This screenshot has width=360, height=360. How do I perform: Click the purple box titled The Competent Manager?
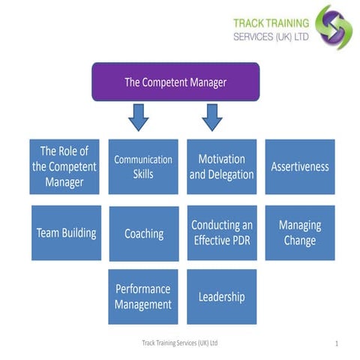(x=175, y=82)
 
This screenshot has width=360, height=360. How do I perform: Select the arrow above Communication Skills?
(x=138, y=116)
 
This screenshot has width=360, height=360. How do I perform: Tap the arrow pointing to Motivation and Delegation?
(x=212, y=116)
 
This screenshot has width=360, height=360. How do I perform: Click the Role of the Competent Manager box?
(x=64, y=166)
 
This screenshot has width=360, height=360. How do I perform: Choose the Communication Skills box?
(x=143, y=166)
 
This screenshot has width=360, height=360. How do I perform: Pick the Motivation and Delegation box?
(x=222, y=166)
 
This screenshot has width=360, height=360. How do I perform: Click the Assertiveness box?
(x=300, y=166)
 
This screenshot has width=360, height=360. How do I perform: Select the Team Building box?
(x=66, y=232)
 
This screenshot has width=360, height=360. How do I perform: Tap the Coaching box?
(x=143, y=233)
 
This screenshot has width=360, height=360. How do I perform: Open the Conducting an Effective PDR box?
(x=222, y=232)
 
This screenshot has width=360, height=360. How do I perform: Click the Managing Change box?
(x=300, y=232)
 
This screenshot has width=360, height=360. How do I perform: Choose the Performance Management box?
(x=143, y=296)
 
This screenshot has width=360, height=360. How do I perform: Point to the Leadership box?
(x=222, y=297)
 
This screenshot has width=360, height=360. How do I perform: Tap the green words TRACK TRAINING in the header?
(x=271, y=23)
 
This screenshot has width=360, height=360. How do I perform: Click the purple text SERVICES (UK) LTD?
(x=271, y=35)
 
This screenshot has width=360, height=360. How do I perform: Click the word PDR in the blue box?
(x=239, y=241)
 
